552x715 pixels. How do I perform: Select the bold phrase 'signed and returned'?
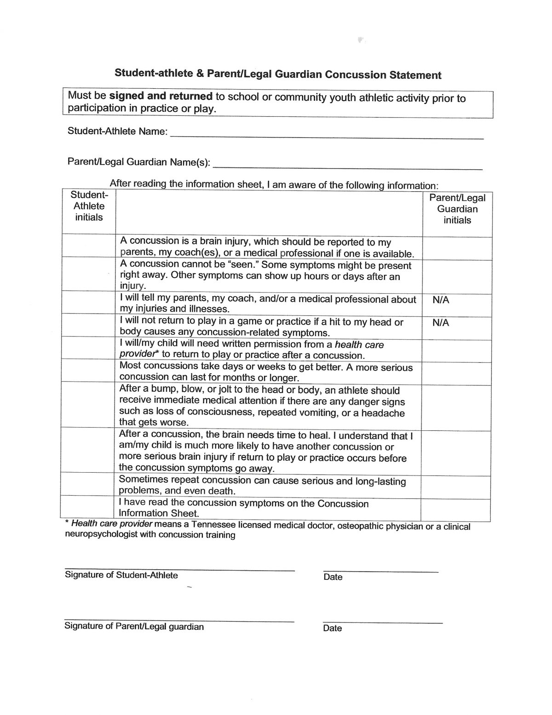[x=161, y=96]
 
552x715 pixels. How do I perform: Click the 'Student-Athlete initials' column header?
[x=89, y=206]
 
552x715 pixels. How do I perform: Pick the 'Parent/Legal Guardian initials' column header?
[x=457, y=209]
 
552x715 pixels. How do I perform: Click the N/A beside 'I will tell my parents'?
[x=441, y=300]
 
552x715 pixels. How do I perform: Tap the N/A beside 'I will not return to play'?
[x=441, y=323]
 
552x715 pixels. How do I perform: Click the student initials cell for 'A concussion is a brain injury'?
[x=88, y=246]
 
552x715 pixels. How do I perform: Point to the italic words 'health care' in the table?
[x=359, y=345]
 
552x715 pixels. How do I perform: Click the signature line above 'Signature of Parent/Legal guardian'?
[x=179, y=621]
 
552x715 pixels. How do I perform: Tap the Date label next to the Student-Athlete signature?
[x=333, y=577]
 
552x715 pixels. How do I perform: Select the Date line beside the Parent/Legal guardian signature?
[x=382, y=623]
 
